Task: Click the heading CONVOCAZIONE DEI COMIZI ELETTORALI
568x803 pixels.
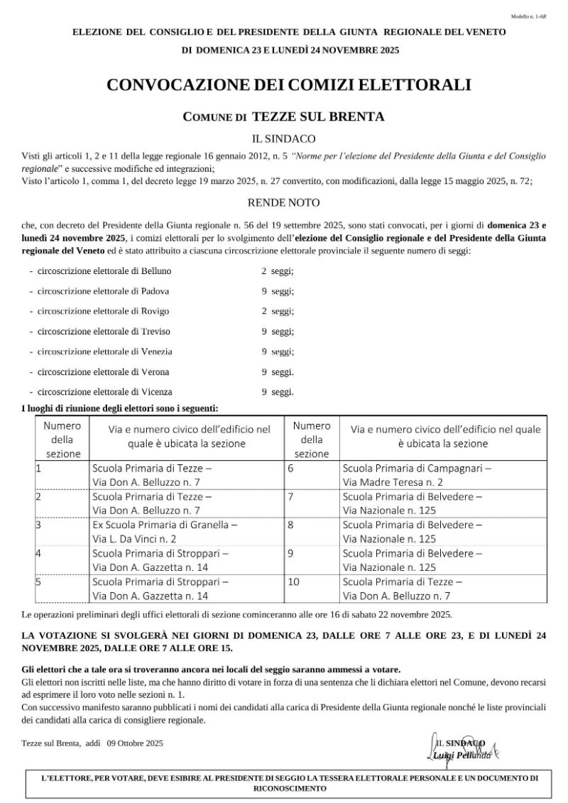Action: pyautogui.click(x=289, y=85)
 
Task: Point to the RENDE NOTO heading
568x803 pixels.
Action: pyautogui.click(x=283, y=202)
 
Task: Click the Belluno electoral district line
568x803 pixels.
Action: pyautogui.click(x=104, y=271)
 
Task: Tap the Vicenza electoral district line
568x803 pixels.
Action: pyautogui.click(x=105, y=391)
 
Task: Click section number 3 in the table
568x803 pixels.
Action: pyautogui.click(x=39, y=525)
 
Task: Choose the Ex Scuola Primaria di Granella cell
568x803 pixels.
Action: pyautogui.click(x=165, y=531)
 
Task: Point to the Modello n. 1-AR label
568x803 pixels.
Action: pyautogui.click(x=528, y=16)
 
